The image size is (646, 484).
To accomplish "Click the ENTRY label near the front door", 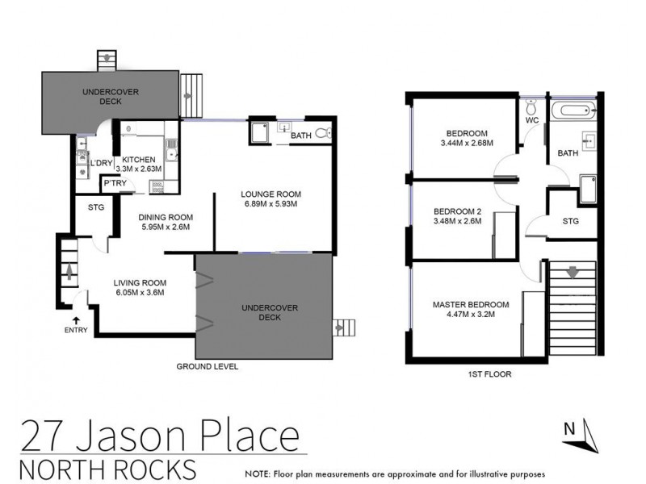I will pos(76,330).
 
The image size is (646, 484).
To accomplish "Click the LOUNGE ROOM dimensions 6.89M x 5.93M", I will pos(271,204).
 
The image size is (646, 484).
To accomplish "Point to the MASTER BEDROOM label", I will pos(470,304).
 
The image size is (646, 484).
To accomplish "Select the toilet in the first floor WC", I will pos(531,108).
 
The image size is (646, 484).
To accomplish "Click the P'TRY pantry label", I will pos(112,185).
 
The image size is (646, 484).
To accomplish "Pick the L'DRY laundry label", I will pos(101,164).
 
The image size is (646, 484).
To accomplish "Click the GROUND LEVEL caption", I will pos(207,365).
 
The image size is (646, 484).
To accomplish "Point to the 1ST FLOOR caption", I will pos(489,375).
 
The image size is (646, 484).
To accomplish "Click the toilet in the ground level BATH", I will pos(322,133).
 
